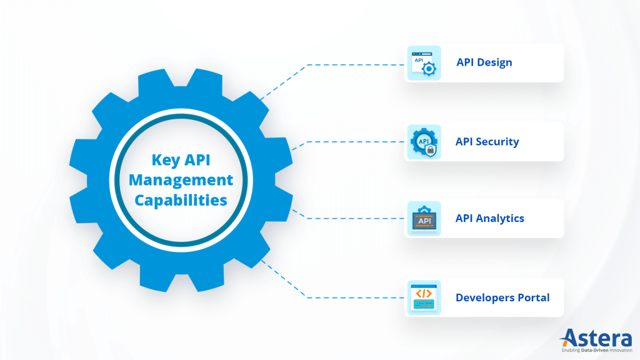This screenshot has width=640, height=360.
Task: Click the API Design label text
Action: [x=484, y=62]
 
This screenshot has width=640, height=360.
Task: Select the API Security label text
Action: [x=487, y=141]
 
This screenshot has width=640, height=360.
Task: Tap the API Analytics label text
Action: [x=489, y=218]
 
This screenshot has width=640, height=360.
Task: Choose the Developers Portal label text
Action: [x=502, y=297]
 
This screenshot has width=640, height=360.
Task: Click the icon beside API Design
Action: [x=424, y=63]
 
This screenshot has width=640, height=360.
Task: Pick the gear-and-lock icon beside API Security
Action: [x=424, y=141]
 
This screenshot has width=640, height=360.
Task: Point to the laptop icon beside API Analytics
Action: [x=424, y=219]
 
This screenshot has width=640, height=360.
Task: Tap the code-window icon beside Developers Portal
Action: [x=424, y=297]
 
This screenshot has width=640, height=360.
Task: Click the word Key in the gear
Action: [x=166, y=160]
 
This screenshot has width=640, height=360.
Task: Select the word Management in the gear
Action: [x=180, y=181]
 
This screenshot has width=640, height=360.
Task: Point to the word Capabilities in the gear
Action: [x=181, y=201]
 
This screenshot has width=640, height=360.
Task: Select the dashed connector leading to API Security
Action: [x=350, y=142]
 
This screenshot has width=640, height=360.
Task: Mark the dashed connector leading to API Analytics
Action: [x=350, y=218]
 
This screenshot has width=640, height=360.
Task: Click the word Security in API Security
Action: [x=497, y=141]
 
